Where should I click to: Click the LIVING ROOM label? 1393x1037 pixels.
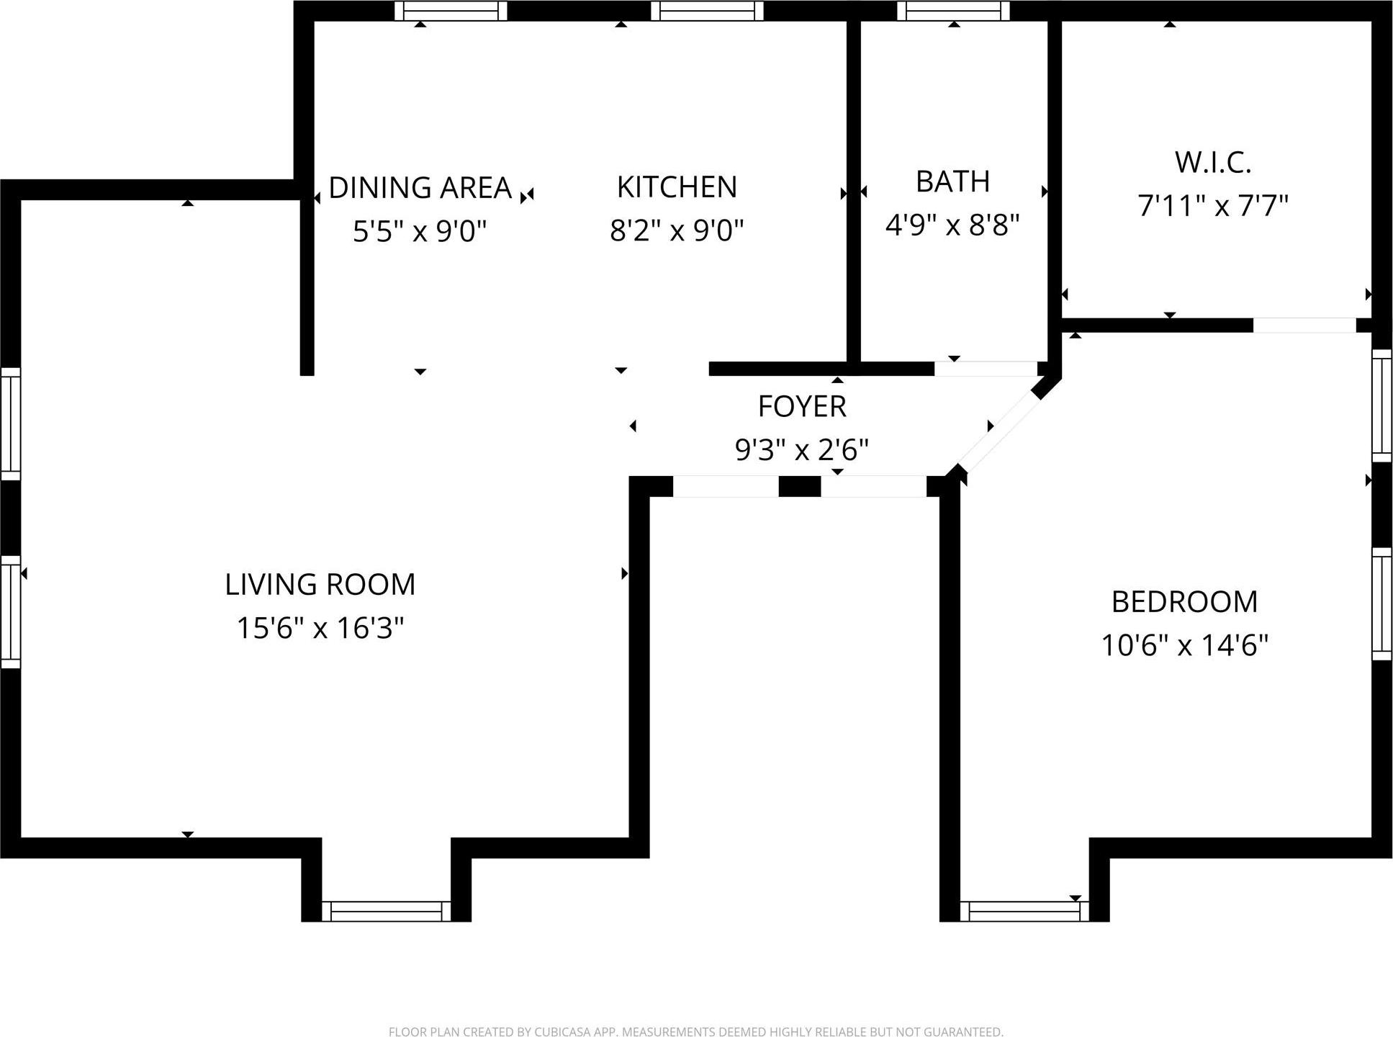click(320, 584)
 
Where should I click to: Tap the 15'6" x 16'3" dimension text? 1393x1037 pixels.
click(320, 628)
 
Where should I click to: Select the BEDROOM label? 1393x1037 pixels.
click(1184, 601)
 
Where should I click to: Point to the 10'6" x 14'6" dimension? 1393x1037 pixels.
click(1184, 645)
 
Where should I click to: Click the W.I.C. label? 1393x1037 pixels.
click(1213, 163)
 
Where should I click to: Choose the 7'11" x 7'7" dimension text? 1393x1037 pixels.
click(1213, 206)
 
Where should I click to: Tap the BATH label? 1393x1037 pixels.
click(952, 181)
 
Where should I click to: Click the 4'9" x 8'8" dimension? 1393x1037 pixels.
click(952, 225)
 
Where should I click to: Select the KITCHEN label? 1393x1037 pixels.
click(677, 187)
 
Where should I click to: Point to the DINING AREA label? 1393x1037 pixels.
click(420, 188)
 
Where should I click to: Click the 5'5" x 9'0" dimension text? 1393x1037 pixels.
click(420, 232)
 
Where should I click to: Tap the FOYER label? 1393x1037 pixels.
click(802, 407)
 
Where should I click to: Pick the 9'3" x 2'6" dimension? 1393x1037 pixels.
click(802, 451)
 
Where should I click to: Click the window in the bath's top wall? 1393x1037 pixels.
click(953, 11)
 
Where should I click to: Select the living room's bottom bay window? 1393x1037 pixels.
click(386, 911)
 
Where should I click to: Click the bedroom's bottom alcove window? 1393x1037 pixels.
click(1024, 912)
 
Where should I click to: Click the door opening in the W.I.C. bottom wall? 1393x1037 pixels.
click(1304, 326)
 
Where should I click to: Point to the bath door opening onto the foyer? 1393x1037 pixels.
click(986, 369)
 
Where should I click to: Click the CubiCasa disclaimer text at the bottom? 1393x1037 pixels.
click(695, 1032)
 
